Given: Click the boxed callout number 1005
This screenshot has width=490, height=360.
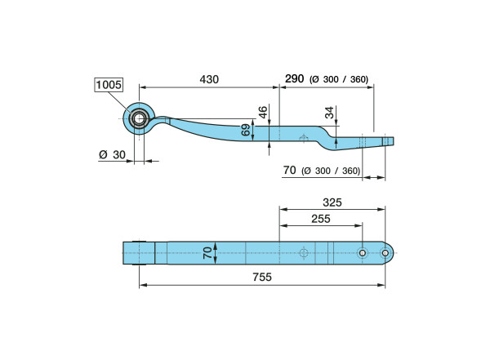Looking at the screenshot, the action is pos(109,85).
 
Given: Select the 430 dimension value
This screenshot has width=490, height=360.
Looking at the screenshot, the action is pos(209,79).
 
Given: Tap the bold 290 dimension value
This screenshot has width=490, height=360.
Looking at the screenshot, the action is pos(294,78).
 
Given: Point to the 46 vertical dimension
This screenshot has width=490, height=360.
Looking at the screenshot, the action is pos(263,112).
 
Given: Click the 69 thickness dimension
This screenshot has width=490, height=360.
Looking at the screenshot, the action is pos(246,130).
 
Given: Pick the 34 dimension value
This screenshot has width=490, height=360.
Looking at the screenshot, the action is pos(329,113).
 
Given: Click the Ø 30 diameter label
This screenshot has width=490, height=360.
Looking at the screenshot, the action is pos(112,154).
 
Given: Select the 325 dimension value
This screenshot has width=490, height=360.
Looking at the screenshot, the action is pos(332,202).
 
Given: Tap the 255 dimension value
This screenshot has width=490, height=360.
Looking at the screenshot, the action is pos(321,219).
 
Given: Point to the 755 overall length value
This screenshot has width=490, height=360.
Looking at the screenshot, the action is pos(262,277).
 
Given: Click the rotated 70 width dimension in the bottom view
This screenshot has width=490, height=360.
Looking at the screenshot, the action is pos(207,253).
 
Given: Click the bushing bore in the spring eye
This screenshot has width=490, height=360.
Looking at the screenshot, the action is pos(139,118).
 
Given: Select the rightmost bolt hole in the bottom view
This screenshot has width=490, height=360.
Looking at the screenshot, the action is pos(385,253).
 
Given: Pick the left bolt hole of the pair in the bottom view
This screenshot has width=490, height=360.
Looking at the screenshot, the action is pos(363,253).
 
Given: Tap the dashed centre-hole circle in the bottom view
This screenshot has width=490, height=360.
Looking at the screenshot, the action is pos(304,252).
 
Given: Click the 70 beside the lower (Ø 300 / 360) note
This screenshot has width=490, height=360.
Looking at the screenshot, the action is pos(289,171).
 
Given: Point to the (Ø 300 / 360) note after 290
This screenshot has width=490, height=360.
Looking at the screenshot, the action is pos(339,79).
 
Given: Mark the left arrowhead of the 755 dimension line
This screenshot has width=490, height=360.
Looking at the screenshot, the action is pos(143,285).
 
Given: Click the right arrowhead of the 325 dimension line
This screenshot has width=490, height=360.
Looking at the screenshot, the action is pos(381,209).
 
